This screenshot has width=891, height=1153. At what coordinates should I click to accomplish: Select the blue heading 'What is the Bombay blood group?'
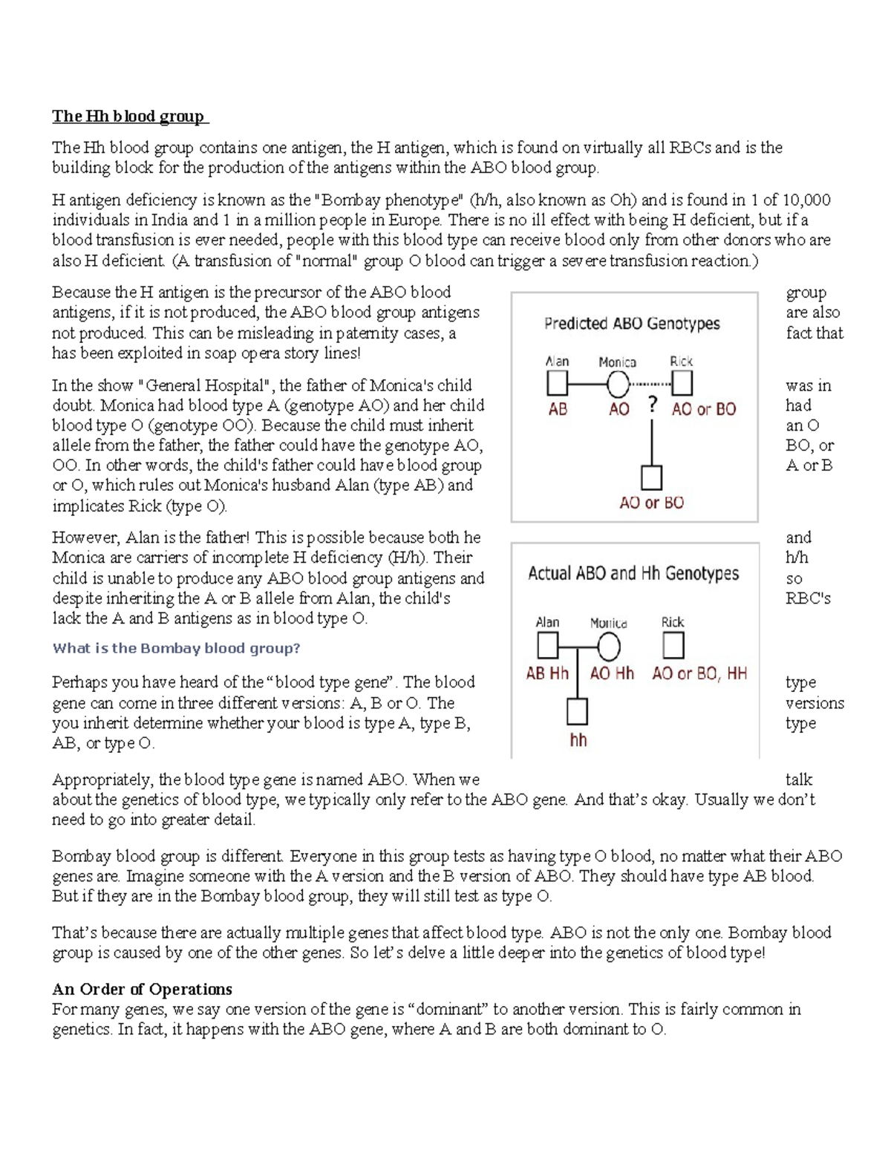(x=176, y=648)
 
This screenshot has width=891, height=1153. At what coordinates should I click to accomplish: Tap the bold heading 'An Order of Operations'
(x=142, y=989)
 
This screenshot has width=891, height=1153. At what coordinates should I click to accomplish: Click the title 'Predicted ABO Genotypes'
(x=632, y=324)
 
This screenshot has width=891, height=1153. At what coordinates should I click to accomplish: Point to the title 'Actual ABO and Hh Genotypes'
(x=633, y=573)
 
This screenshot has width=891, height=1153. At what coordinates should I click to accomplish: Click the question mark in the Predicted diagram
(x=653, y=405)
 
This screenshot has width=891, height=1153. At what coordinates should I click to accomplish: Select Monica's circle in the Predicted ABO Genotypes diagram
(x=618, y=384)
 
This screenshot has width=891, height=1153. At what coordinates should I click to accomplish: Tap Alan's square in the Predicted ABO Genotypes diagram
(x=557, y=384)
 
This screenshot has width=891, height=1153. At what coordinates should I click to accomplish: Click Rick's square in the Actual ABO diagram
(x=673, y=646)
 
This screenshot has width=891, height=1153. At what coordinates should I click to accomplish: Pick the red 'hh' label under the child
(x=578, y=740)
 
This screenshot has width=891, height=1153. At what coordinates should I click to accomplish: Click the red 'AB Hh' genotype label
(x=547, y=673)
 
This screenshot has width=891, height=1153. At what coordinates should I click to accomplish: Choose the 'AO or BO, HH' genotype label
(x=699, y=673)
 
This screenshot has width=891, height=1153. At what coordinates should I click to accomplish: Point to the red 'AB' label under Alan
(x=558, y=409)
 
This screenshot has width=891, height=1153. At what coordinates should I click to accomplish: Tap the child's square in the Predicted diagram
(x=651, y=478)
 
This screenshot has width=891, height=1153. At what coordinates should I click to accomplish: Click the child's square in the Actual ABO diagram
(x=577, y=711)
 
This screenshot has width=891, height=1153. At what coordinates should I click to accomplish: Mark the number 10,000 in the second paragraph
(x=806, y=200)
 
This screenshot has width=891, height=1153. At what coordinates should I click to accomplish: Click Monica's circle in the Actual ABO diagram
(x=608, y=647)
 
